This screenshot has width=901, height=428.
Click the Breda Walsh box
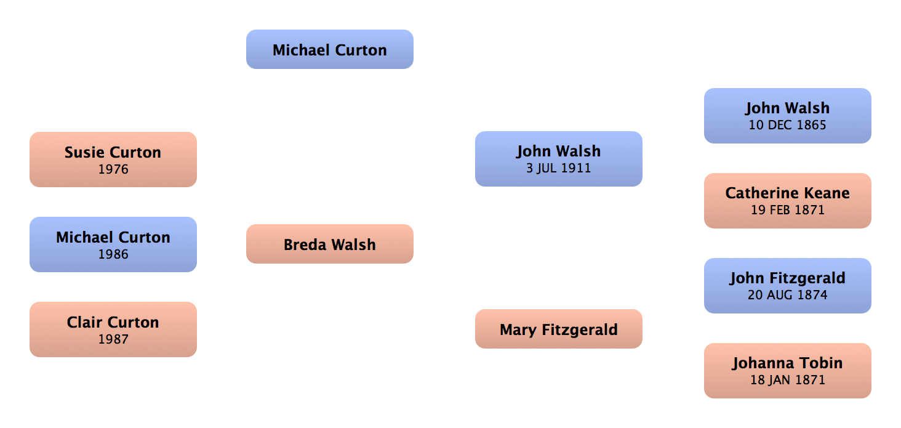330,244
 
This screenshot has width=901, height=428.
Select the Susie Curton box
113,159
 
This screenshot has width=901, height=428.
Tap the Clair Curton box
113,329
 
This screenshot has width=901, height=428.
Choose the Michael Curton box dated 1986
113,244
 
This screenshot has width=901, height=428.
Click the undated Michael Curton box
330,50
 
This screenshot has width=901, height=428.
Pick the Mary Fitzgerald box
559,329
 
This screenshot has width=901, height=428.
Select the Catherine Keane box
788,201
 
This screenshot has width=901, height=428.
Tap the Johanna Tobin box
788,371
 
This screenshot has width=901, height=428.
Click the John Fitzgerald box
788,286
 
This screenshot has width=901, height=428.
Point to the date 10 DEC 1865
788,125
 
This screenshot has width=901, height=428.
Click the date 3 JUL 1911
559,168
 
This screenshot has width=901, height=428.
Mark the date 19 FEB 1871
788,210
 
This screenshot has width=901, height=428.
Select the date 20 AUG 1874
788,295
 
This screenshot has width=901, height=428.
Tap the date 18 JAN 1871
788,380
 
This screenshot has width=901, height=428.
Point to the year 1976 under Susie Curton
113,169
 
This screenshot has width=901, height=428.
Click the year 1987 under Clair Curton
113,339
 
